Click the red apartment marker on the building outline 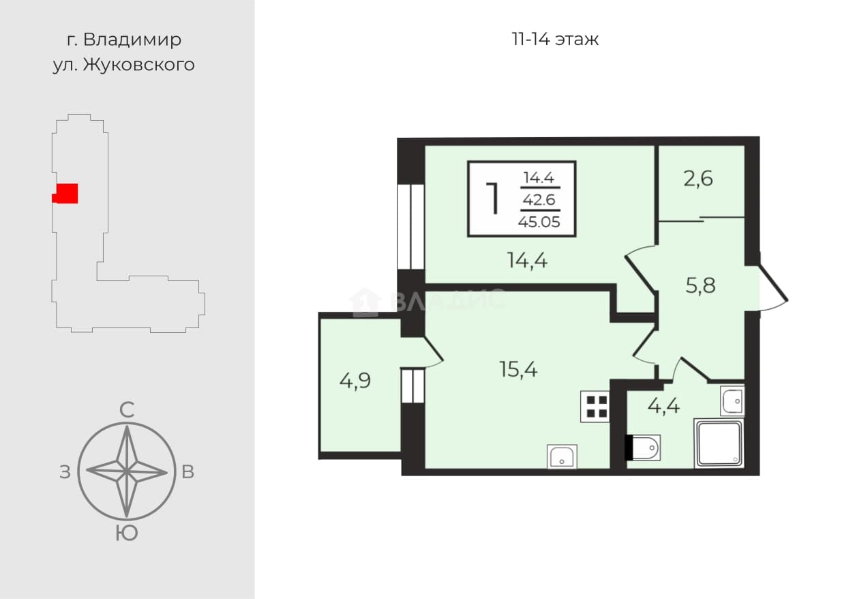(x=65, y=193)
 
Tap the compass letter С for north (x=127, y=410)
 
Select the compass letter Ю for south (x=127, y=534)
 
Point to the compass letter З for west (x=65, y=472)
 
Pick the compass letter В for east (x=187, y=472)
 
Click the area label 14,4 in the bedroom (x=527, y=261)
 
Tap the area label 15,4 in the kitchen (x=518, y=369)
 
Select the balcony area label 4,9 (x=355, y=381)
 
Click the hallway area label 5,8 (x=700, y=286)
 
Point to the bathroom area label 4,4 (x=663, y=406)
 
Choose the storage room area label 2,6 (x=697, y=179)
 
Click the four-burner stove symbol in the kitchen (x=595, y=407)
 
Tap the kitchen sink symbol (x=562, y=456)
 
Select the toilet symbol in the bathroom (x=643, y=448)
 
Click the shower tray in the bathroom (x=719, y=443)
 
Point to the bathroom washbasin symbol (x=732, y=400)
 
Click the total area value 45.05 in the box (x=539, y=222)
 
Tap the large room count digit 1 (x=493, y=199)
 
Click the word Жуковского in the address (x=139, y=65)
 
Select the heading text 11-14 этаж (x=555, y=40)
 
